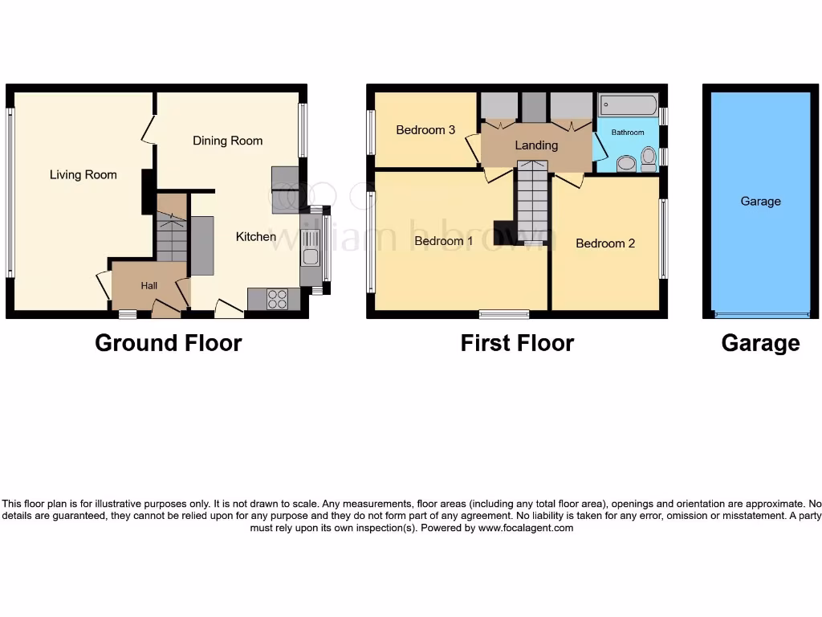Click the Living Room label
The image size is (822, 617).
coord(83,174)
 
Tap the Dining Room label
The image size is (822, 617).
coord(227,141)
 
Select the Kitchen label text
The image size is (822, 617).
coord(255,236)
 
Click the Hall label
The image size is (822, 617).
coord(149,285)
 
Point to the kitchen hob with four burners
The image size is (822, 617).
coord(277,299)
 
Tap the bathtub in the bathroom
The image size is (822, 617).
coord(628,106)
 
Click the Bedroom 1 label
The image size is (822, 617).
coord(444,241)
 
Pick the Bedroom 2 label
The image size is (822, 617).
coord(605,243)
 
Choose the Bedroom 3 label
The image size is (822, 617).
coord(425,130)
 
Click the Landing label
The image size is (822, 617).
coord(535,145)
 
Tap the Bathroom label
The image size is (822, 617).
coord(628,133)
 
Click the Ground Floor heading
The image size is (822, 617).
coord(168,343)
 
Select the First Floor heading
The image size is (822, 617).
coord(517,343)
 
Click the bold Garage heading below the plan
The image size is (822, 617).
coord(760,343)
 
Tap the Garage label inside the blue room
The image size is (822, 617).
coord(760,202)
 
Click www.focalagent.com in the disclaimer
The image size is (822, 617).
coord(526,528)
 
